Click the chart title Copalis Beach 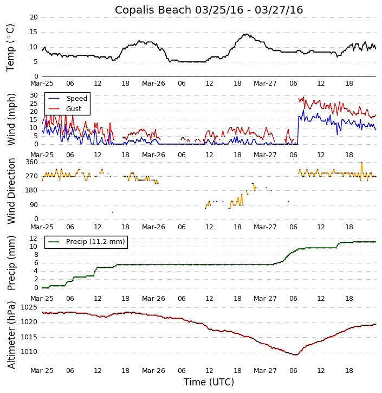(x=209, y=10)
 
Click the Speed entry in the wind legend (x=76, y=99)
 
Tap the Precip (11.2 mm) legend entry (x=95, y=242)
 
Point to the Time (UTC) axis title (x=209, y=382)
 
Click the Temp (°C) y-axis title (x=11, y=47)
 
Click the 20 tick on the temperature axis (x=34, y=17)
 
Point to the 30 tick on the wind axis (x=34, y=95)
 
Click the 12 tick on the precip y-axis (x=34, y=238)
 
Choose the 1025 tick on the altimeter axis (x=30, y=307)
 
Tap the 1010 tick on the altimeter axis (x=30, y=352)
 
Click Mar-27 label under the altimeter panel (x=265, y=371)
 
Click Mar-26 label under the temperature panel (x=153, y=83)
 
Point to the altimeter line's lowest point (x=295, y=355)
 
